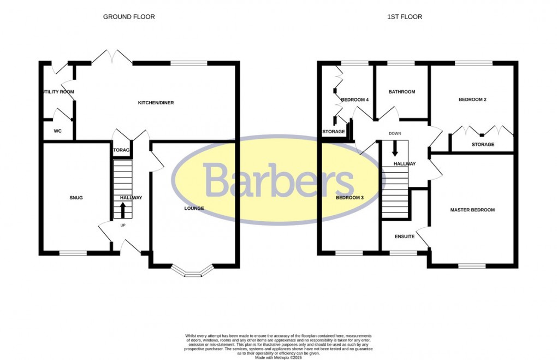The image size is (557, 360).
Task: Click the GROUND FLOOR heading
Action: click(129, 17)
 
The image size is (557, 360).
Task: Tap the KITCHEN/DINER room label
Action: click(156, 103)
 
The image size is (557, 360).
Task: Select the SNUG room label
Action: click(76, 198)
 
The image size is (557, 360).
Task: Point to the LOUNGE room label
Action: click(194, 208)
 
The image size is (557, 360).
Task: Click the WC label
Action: click(57, 131)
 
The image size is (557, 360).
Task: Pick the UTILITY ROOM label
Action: click(58, 92)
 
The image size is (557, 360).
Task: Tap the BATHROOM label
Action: click(402, 92)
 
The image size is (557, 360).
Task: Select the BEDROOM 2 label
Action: click(472, 99)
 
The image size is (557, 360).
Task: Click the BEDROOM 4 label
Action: click(355, 99)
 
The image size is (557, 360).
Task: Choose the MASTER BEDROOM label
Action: click(472, 210)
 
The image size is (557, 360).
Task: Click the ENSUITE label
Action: click(405, 237)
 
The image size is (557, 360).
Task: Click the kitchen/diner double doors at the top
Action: click(112, 57)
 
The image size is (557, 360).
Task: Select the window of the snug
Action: click(73, 253)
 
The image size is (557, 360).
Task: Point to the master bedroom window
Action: click(472, 266)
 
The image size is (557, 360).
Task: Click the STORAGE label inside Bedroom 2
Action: click(483, 145)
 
